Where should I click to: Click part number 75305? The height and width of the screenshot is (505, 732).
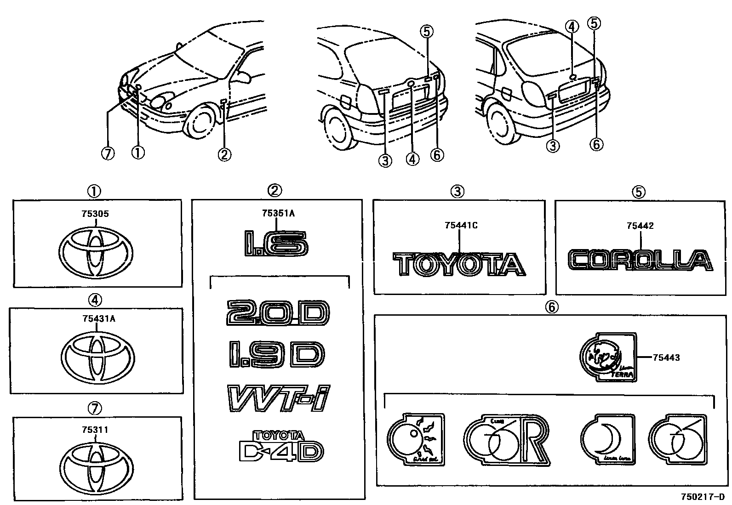tap(95, 214)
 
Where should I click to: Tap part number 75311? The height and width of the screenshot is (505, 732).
tap(95, 430)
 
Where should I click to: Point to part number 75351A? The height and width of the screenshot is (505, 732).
tap(277, 213)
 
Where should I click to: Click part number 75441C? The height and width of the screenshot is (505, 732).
tap(461, 225)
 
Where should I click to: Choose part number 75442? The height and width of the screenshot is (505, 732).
tap(640, 226)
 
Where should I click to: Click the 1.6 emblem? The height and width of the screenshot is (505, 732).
tap(276, 244)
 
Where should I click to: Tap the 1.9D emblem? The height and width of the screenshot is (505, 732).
tap(276, 355)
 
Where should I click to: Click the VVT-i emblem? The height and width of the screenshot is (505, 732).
tap(279, 398)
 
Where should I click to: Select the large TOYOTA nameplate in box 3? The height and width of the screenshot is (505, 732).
tap(458, 265)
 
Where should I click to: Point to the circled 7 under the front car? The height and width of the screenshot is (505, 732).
tap(108, 154)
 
